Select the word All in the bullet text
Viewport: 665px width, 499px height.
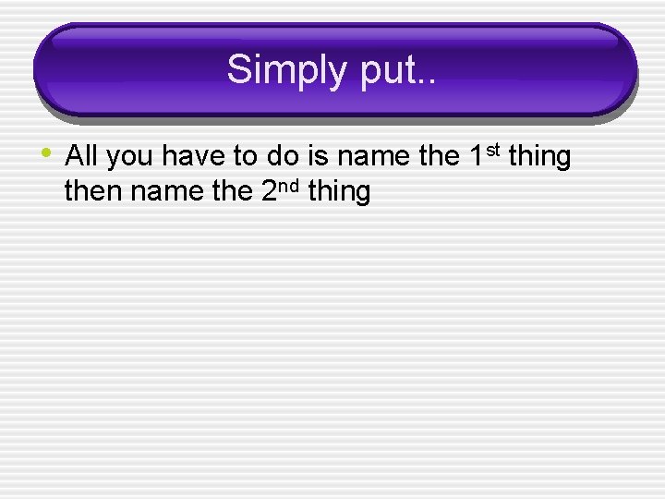pyautogui.click(x=81, y=157)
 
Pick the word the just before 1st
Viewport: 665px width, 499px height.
pyautogui.click(x=438, y=157)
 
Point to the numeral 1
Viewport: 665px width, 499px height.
pyautogui.click(x=476, y=157)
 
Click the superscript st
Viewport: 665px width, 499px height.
pyautogui.click(x=493, y=150)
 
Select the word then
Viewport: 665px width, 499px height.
pyautogui.click(x=90, y=192)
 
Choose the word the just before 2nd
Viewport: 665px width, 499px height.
pyautogui.click(x=220, y=192)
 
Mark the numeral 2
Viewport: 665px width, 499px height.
pyautogui.click(x=259, y=192)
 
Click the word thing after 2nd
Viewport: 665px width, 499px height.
pyautogui.click(x=338, y=194)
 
